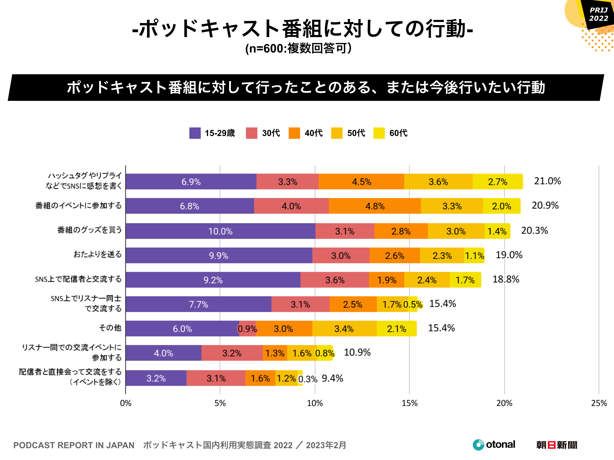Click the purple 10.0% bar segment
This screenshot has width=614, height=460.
[220, 231]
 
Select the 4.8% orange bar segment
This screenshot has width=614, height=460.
[374, 206]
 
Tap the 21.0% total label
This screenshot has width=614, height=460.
[547, 181]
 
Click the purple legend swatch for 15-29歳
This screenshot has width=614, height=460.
[195, 133]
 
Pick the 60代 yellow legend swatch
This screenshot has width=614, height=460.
[379, 133]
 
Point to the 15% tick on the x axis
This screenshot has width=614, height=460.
[410, 403]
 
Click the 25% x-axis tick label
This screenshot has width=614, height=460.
[599, 403]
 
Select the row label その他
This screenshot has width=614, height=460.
[110, 328]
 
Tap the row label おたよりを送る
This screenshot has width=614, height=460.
[97, 254]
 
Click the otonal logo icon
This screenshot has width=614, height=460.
[478, 445]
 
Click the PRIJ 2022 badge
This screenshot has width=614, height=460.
[598, 14]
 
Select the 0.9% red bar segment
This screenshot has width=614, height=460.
[247, 329]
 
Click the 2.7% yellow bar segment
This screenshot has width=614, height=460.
[497, 182]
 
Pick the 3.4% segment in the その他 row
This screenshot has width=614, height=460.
[344, 329]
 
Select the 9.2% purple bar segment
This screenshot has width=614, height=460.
[213, 280]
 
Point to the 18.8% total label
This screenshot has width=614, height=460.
[506, 279]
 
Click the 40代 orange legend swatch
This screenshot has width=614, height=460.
[294, 133]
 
